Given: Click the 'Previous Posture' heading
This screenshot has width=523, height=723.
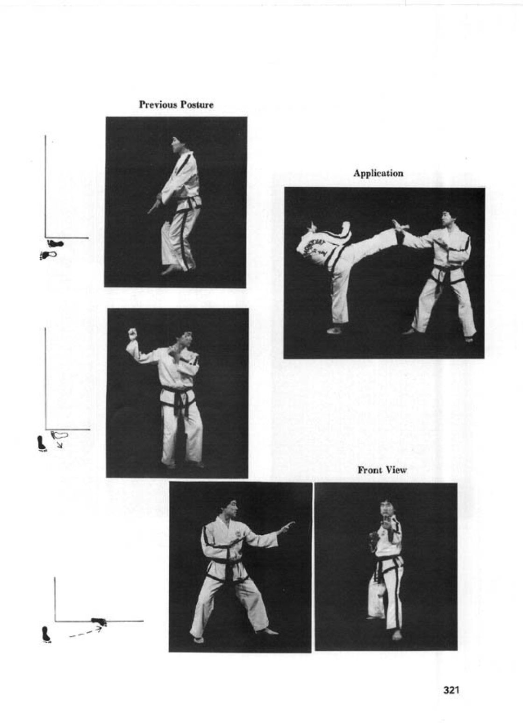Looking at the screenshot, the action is (x=176, y=105).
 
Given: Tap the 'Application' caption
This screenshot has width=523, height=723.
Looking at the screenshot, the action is (x=378, y=173).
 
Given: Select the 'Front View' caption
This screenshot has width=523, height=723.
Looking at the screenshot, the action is (x=382, y=470).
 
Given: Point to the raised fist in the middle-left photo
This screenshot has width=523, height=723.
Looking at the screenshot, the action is (x=132, y=333).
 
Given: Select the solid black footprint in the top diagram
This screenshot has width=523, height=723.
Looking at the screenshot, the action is (x=55, y=243).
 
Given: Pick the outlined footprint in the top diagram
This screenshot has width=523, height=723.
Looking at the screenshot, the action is (x=49, y=255).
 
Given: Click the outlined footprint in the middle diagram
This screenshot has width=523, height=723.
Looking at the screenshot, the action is (x=59, y=435).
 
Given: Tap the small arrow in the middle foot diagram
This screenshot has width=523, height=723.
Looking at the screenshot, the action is (x=59, y=446).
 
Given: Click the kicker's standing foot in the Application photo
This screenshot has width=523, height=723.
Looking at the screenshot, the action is (x=334, y=331).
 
